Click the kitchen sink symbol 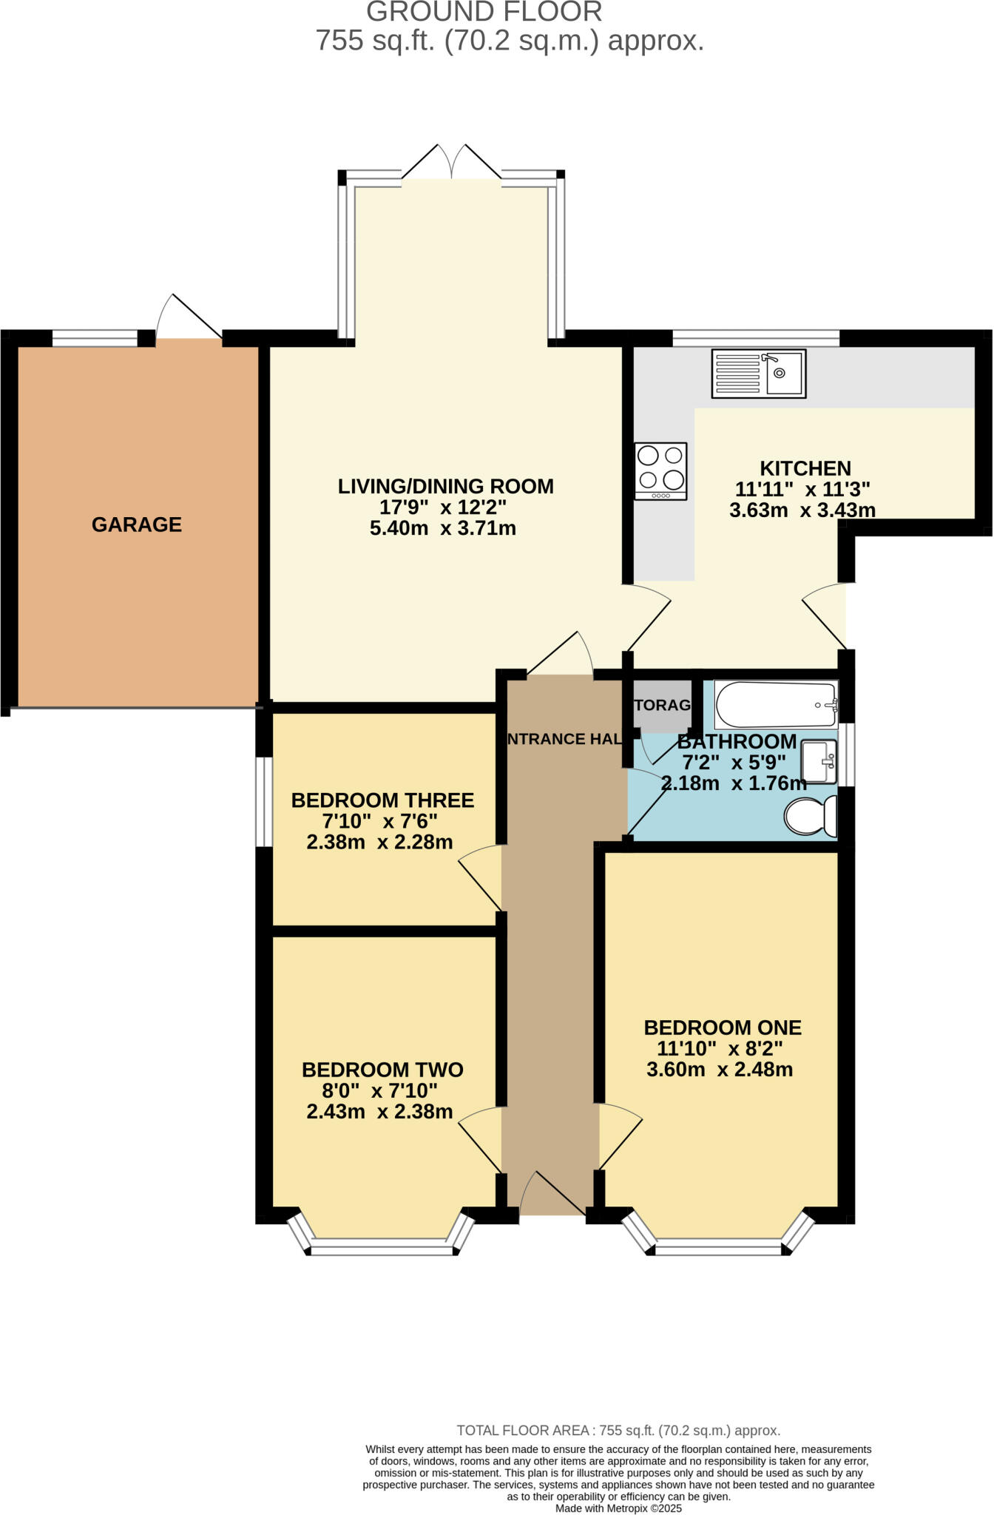tap(758, 374)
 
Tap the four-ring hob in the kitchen tap(660, 471)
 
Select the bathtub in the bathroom tap(775, 704)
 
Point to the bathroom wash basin tap(819, 761)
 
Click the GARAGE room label tap(137, 524)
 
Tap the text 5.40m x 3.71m tap(442, 528)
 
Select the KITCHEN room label tap(805, 468)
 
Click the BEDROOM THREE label tap(382, 800)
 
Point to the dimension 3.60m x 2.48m tap(719, 1070)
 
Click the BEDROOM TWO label tap(382, 1070)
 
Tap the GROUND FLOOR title tap(484, 13)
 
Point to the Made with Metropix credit tap(618, 1508)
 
